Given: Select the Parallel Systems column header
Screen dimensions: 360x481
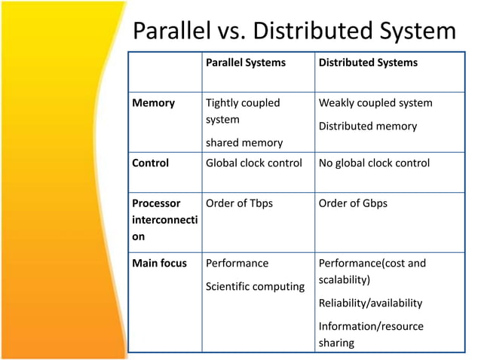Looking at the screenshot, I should (x=246, y=63).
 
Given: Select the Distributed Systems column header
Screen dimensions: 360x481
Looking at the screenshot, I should (x=368, y=63).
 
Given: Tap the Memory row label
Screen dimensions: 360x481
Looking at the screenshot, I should (x=153, y=102).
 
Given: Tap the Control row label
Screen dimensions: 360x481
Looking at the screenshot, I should (x=151, y=163).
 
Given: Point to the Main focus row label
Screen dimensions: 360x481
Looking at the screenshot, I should (x=159, y=263).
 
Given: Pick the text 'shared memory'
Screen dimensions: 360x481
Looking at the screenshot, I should (x=244, y=142).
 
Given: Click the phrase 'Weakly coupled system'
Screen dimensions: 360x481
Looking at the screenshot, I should (x=375, y=102).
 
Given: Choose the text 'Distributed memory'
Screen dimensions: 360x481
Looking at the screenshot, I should (x=368, y=126).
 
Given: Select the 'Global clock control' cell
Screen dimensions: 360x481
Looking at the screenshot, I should (x=254, y=163).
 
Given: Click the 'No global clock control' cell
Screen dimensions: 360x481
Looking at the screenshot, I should (x=374, y=163).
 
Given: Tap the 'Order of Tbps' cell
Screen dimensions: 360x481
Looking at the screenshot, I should (x=239, y=203).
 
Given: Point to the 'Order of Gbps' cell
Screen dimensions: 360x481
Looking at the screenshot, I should (x=353, y=203).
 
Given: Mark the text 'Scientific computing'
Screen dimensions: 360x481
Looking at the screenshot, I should (x=255, y=286).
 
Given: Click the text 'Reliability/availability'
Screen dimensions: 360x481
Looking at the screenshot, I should (x=370, y=303).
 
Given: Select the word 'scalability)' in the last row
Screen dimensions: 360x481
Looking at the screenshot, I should (x=345, y=279).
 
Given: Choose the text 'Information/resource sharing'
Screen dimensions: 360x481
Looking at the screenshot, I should (x=371, y=334).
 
